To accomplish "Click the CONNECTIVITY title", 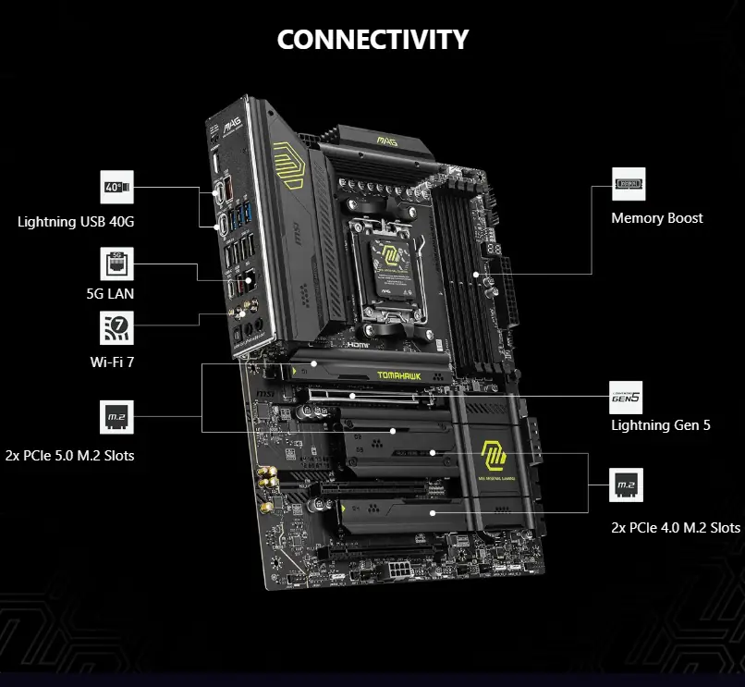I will [372, 40].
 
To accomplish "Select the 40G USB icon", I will [117, 187].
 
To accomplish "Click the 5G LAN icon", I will [117, 264].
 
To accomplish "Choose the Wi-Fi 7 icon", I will [117, 328].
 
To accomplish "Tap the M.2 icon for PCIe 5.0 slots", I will [117, 417].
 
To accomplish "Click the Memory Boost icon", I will [629, 184].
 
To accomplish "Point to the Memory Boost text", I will [656, 218].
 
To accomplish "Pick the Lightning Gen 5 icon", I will [626, 397].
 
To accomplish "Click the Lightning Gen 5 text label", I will [661, 425].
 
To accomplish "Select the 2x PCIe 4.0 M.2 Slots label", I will [676, 527].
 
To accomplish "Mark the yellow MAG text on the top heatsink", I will [387, 141].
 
